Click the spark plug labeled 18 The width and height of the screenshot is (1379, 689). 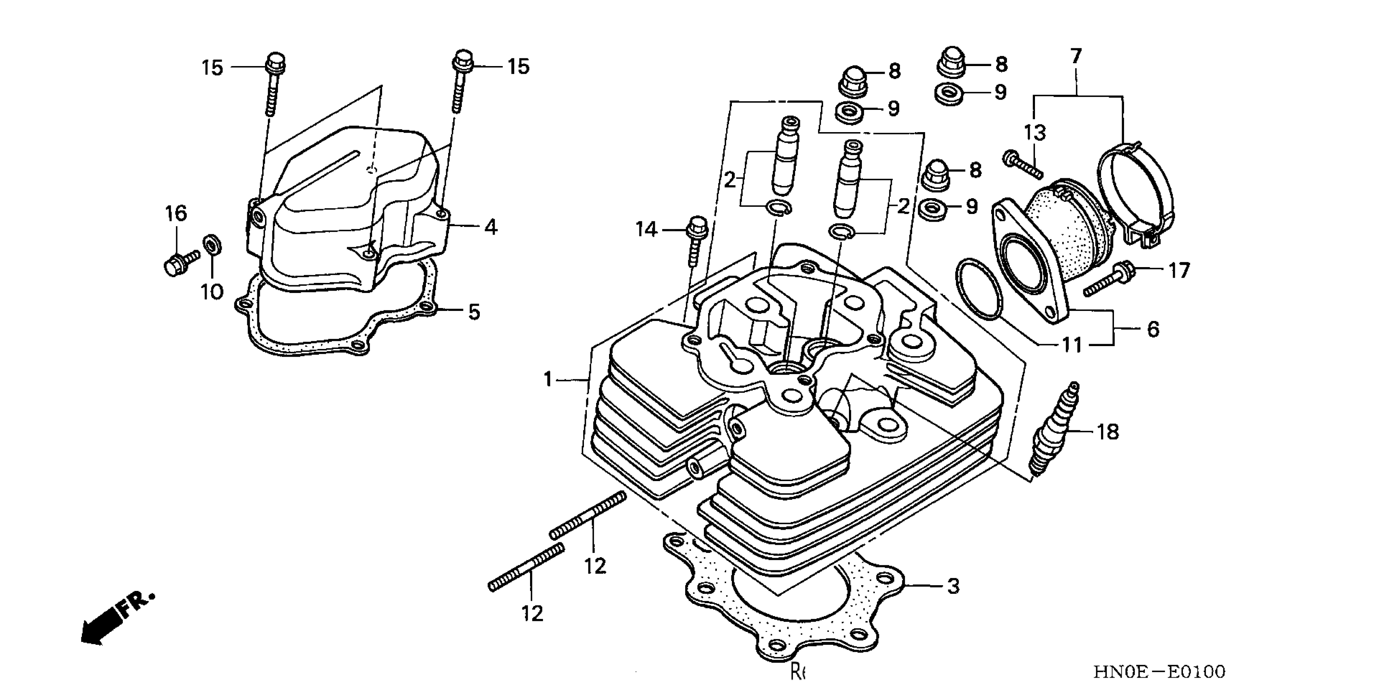point(1052,429)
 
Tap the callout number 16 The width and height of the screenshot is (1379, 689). point(175,214)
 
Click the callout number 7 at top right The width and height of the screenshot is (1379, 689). point(1076,56)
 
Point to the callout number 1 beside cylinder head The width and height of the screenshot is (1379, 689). point(547,380)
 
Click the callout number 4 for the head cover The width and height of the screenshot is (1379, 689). point(490,227)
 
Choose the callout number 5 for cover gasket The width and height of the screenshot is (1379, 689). point(474,312)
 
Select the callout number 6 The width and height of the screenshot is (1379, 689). point(1152,329)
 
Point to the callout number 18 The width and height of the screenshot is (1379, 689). point(1107,432)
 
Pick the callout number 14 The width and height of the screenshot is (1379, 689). point(646,230)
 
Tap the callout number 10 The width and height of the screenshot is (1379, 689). point(212,292)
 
